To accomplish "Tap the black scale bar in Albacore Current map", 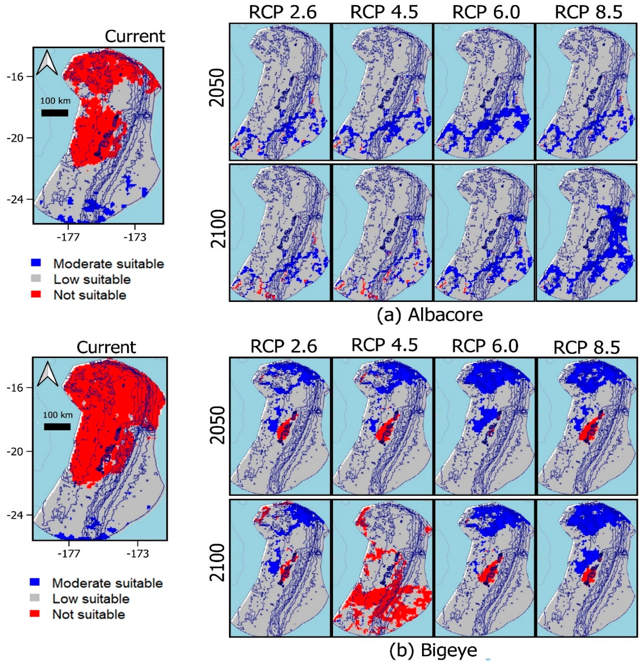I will coord(55,113).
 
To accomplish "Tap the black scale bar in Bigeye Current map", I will coord(57,427).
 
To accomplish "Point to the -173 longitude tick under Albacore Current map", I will coord(135,237).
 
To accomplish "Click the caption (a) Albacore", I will coord(430,315).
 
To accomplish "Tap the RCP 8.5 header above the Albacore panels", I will coord(588,12).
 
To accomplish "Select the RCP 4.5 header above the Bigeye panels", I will coord(384,345).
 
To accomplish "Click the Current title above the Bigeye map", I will coord(106,347).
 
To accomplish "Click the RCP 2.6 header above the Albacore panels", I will coord(283,12).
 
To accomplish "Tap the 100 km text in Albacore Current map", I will coord(56,101).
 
